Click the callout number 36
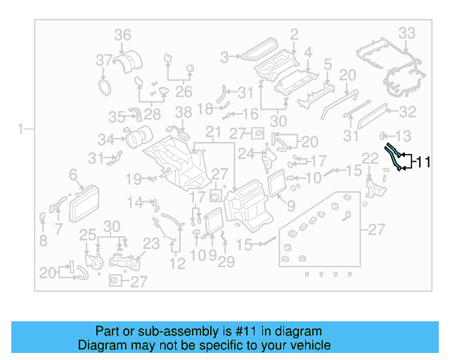[x=123, y=34]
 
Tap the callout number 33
[x=407, y=32]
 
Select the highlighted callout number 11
[x=422, y=162]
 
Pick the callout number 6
[x=72, y=174]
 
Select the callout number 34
[x=105, y=139]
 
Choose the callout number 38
[x=183, y=112]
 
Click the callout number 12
[x=177, y=264]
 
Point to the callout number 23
[x=152, y=245]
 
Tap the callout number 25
[x=86, y=235]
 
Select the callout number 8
[x=43, y=240]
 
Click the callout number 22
[x=370, y=157]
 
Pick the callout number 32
[x=408, y=111]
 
